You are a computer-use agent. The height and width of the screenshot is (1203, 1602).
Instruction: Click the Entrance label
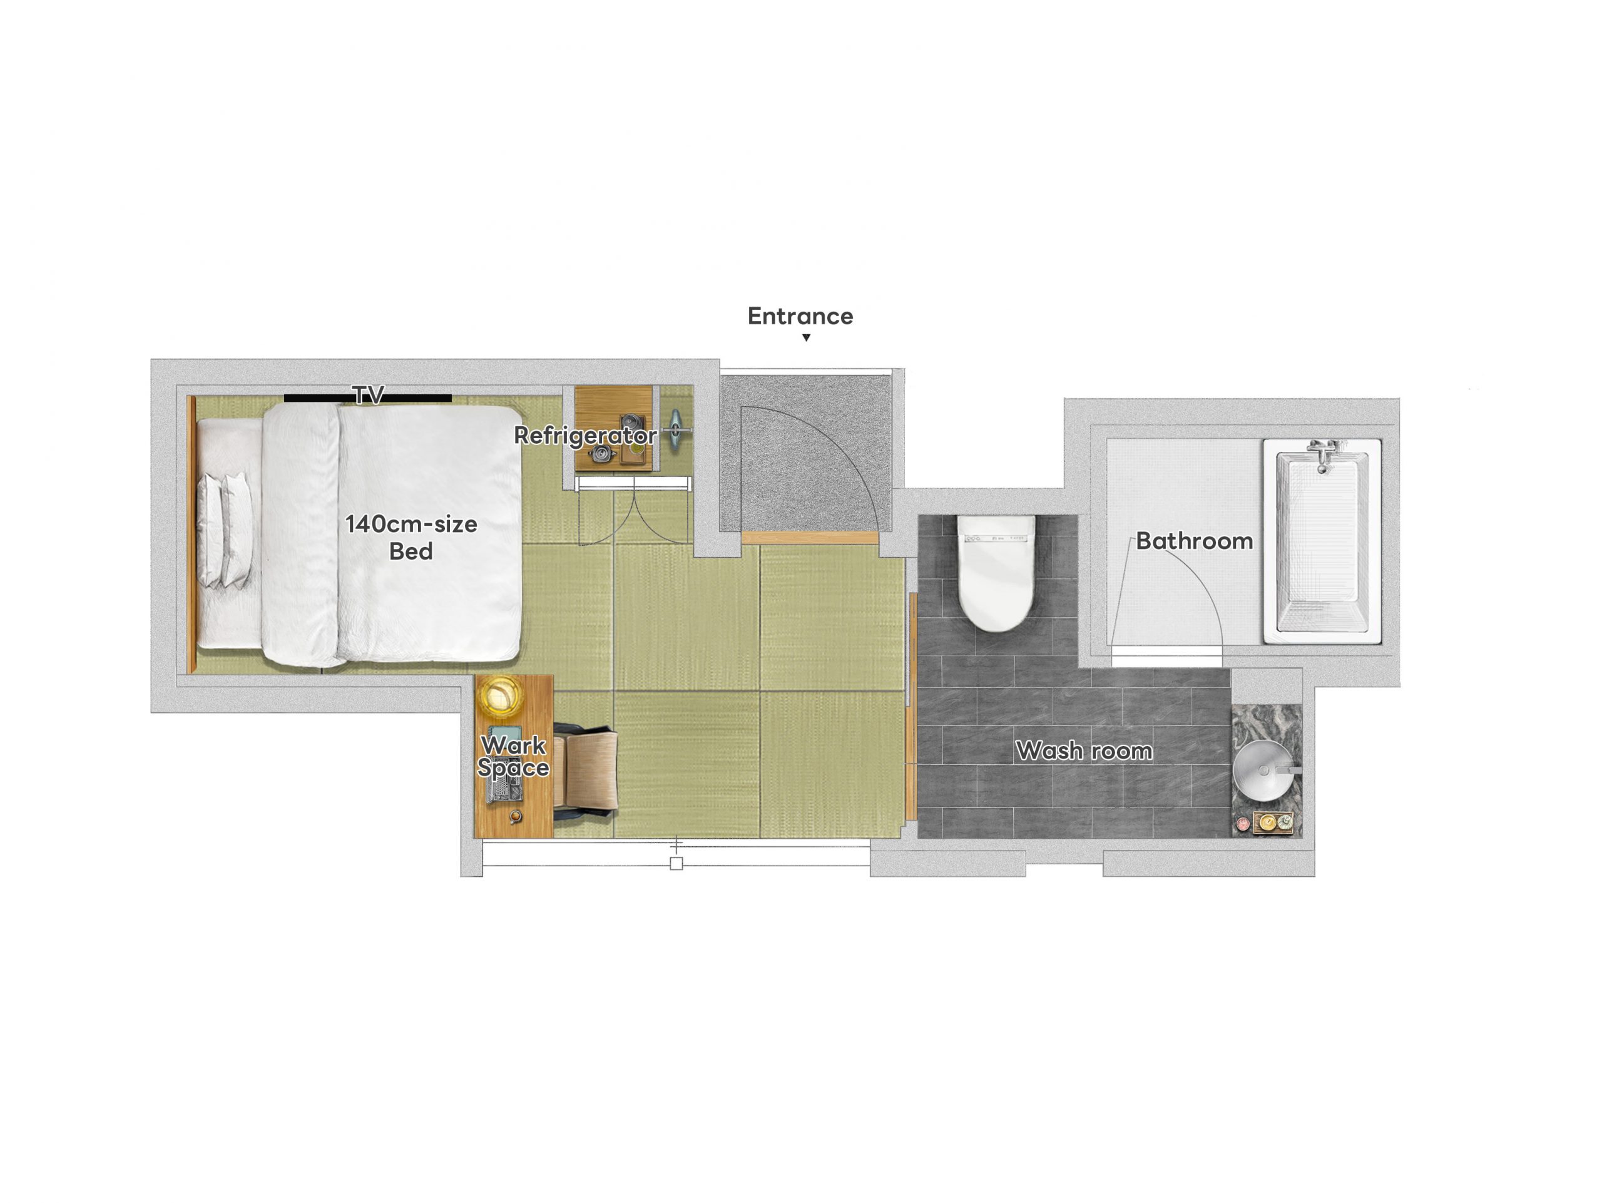(800, 317)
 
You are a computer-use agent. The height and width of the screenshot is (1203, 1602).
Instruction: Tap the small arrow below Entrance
(806, 337)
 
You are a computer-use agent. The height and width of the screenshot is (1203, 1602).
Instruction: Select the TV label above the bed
(368, 395)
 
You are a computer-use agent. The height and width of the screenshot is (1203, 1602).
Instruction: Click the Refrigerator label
(585, 435)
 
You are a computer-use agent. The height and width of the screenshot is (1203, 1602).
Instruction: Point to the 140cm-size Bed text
(411, 538)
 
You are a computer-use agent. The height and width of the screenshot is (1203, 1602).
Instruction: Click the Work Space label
(514, 756)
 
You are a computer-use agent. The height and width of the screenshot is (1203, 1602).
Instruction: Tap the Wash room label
(1084, 750)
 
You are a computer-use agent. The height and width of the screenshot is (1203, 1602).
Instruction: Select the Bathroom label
(1194, 541)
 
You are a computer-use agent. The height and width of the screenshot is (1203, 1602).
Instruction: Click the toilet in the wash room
(996, 572)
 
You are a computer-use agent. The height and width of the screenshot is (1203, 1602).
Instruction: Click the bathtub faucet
(1322, 454)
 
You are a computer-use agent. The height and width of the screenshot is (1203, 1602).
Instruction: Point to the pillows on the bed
(225, 530)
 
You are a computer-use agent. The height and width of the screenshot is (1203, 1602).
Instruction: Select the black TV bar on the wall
(368, 398)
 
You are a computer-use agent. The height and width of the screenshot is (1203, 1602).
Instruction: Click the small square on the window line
(676, 863)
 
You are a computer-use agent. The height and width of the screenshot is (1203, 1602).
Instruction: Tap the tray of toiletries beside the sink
(1272, 823)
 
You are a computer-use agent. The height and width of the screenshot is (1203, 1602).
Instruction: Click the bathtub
(1322, 541)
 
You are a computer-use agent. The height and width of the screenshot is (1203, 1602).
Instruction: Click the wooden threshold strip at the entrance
(810, 538)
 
